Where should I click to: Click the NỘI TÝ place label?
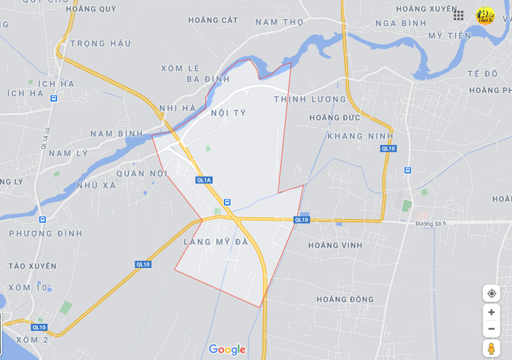[x=228, y=113]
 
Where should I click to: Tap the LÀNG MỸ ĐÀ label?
[x=216, y=242]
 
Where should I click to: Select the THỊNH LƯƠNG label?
[x=310, y=99]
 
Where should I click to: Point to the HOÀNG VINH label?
[x=335, y=245]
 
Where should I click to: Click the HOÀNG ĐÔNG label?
[x=345, y=299]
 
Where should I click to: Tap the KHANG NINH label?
[x=360, y=136]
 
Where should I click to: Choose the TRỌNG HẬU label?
[x=101, y=44]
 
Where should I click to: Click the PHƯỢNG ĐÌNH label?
[x=46, y=233]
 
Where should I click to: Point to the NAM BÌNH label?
[x=117, y=133]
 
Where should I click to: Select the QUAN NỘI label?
[x=140, y=173]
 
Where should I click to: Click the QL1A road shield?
[x=204, y=180]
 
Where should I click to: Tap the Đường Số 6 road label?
[x=431, y=223]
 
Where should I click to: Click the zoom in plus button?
[x=491, y=312]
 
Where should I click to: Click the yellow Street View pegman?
[x=491, y=348]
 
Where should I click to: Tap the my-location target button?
[x=491, y=293]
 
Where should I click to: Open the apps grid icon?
[x=458, y=15]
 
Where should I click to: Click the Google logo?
[x=227, y=349]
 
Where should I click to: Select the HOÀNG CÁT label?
[x=213, y=20]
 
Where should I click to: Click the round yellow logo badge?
[x=485, y=15]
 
